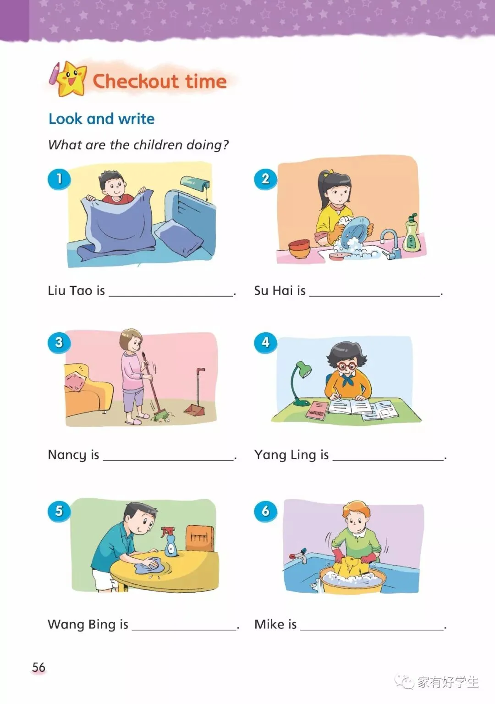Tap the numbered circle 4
click(x=265, y=342)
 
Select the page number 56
click(x=38, y=667)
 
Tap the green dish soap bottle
click(x=412, y=233)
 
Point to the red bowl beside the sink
click(x=299, y=248)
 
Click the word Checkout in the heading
click(x=136, y=82)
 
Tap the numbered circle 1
click(x=59, y=179)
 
